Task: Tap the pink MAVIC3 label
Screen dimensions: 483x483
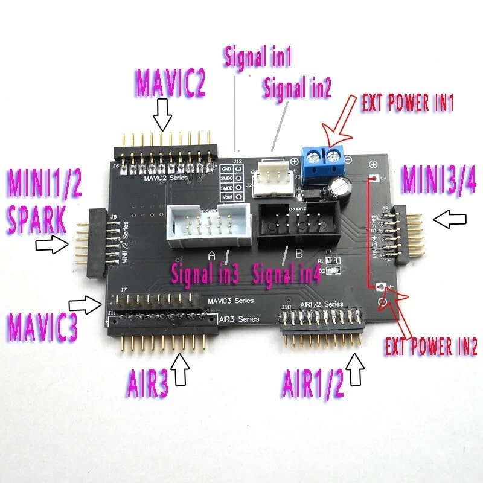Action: click(x=42, y=326)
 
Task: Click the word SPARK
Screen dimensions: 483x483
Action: click(x=37, y=221)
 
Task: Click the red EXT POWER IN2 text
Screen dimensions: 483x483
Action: click(x=431, y=347)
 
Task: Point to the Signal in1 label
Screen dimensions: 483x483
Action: click(x=258, y=58)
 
